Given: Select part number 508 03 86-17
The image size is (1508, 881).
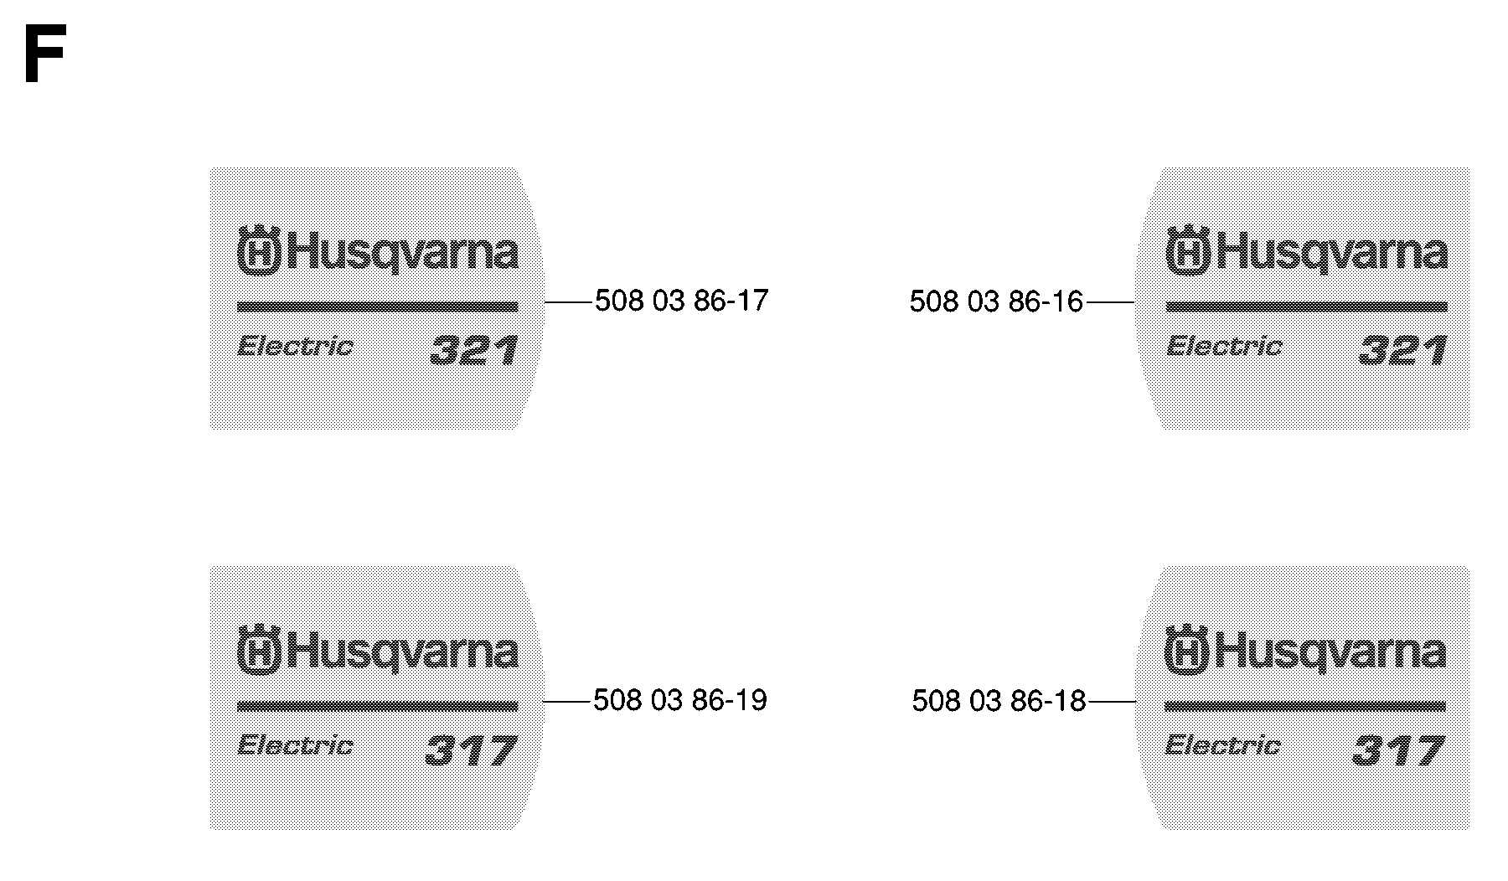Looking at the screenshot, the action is click(x=681, y=301).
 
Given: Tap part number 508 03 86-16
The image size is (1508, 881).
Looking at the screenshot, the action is click(x=996, y=301).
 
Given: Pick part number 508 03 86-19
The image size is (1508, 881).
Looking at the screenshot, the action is click(x=679, y=700).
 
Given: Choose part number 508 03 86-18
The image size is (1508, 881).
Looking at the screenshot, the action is click(x=999, y=701).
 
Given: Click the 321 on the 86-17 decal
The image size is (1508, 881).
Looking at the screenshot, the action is click(x=473, y=350).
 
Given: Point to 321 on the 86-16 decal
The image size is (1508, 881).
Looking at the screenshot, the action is click(x=1402, y=350).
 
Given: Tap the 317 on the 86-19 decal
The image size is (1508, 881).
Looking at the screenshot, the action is click(x=471, y=750).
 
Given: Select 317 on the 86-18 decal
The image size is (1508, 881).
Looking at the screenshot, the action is click(x=1398, y=750).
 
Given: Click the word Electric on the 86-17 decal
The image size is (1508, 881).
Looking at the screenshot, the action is click(x=295, y=346).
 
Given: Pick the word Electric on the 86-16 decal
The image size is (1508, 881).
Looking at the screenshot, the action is click(x=1224, y=346).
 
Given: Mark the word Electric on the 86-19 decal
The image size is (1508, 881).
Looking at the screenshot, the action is click(x=295, y=745).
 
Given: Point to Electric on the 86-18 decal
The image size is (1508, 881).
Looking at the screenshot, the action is click(x=1222, y=745).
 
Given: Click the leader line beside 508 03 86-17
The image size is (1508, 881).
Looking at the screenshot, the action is click(x=569, y=301).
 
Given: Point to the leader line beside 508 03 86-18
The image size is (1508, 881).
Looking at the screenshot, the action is click(x=1112, y=701).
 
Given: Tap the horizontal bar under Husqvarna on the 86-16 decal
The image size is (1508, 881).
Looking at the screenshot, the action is click(x=1307, y=307).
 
